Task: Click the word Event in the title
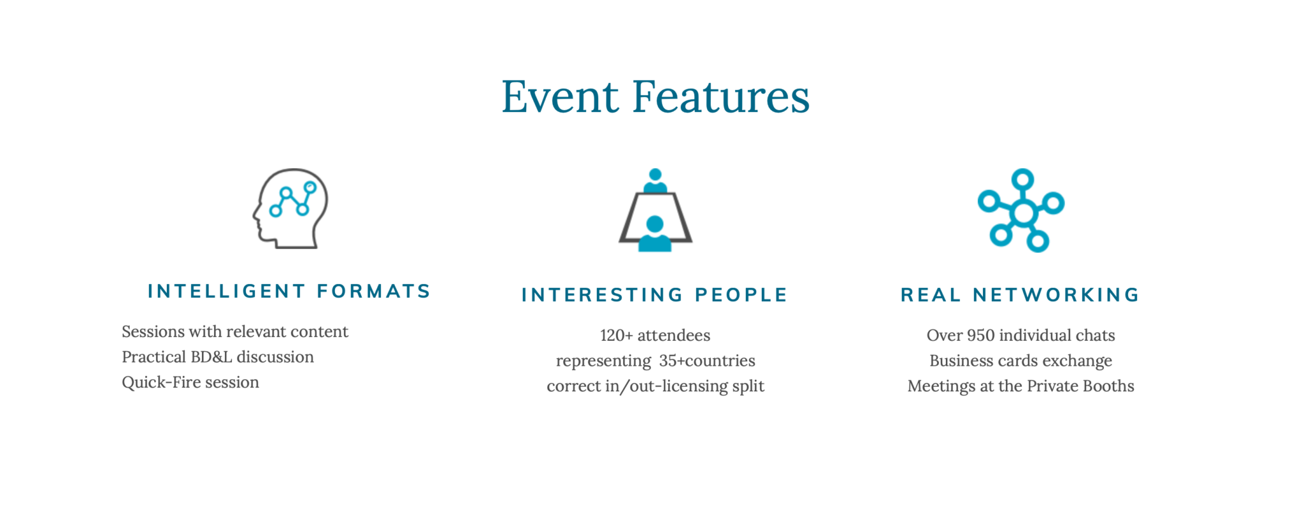coord(560,97)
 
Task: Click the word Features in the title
coord(721,97)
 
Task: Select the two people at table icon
coord(655,210)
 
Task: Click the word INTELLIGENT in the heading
coord(227,291)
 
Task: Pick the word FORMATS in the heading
coord(374,291)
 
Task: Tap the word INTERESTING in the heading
coord(603,295)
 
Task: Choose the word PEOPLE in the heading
coord(741,295)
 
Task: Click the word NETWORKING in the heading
coord(1057,295)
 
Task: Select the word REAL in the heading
coord(931,295)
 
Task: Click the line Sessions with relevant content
coord(235,331)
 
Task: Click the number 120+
coord(616,335)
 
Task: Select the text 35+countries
coord(707,361)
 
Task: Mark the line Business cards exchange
coord(1021,361)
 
